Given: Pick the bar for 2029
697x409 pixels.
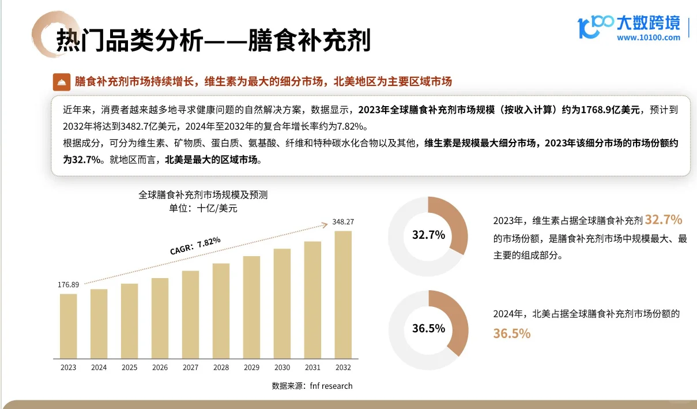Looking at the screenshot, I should (251, 306).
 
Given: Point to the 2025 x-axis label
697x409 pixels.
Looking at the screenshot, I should (129, 367).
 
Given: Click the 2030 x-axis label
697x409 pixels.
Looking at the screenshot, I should (282, 367).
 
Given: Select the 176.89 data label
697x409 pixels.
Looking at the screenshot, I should (68, 285).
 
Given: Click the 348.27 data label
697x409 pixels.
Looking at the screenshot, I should (343, 222).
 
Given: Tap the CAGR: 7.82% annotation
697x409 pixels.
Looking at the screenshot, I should (195, 246).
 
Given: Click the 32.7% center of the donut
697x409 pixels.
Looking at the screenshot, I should (428, 235).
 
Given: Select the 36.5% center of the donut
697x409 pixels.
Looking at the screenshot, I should (428, 329).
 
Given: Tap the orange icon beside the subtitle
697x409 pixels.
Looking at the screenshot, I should (61, 82).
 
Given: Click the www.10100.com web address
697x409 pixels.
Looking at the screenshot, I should (648, 38).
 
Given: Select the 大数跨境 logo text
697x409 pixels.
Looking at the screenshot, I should (648, 23).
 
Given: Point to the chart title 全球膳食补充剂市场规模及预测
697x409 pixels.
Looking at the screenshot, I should (203, 195).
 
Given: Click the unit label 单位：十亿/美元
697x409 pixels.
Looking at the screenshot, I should (203, 208).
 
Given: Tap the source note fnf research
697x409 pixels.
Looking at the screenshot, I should (312, 386).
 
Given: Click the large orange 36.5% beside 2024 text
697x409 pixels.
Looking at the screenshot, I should (511, 333).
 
